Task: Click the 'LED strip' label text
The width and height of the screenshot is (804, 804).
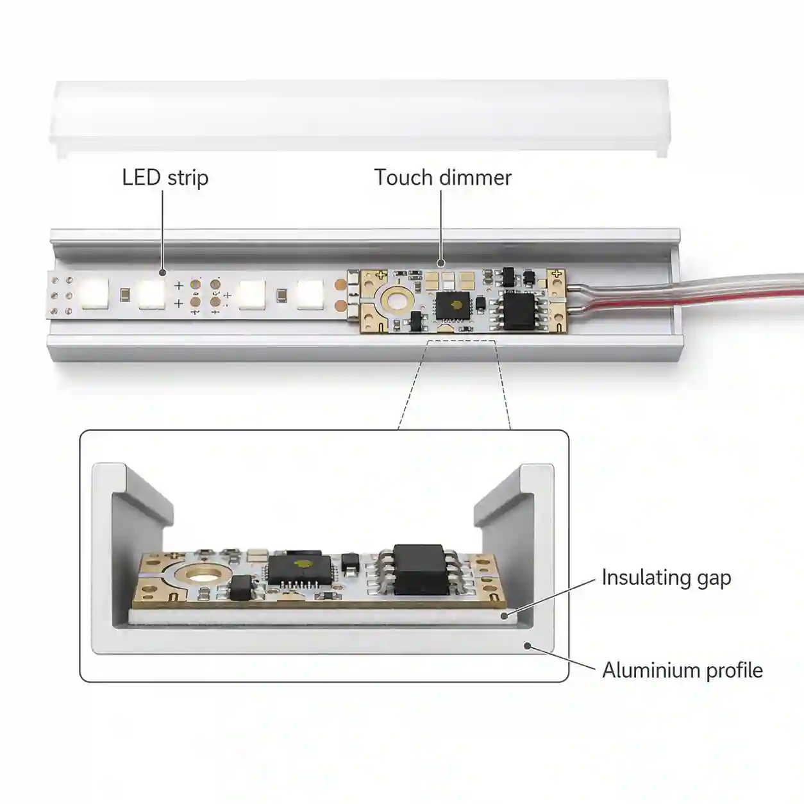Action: (165, 178)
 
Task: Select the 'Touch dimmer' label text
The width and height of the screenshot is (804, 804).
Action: (442, 178)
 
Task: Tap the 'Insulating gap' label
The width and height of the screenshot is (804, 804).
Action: (666, 578)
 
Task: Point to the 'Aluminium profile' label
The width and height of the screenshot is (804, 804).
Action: (683, 671)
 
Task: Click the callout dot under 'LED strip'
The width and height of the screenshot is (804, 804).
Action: (163, 272)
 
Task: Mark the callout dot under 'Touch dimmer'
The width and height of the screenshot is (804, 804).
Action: (441, 264)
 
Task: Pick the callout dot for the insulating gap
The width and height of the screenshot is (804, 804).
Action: (505, 616)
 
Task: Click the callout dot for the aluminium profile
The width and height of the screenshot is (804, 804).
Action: (528, 646)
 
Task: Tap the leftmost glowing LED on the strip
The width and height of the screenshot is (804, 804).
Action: (95, 294)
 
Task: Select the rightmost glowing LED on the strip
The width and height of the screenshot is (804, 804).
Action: (311, 294)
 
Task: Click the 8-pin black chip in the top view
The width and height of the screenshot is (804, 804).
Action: (519, 310)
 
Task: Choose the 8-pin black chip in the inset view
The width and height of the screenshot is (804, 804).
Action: (419, 569)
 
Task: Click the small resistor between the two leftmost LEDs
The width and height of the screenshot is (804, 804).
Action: (124, 294)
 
